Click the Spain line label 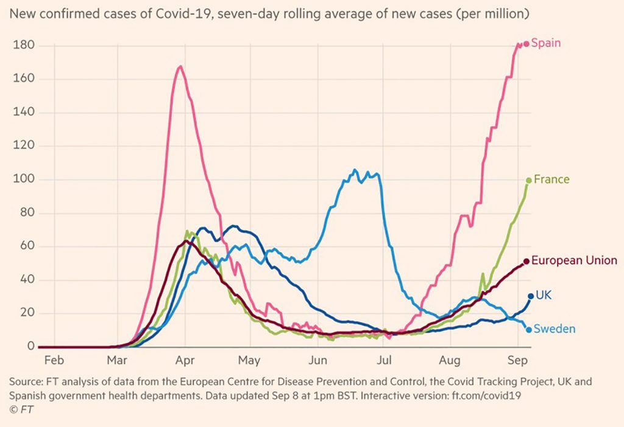coord(546,43)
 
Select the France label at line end coord(551,179)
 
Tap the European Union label coord(574,261)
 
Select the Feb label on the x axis coord(55,359)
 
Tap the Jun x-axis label coord(317,359)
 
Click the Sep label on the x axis coord(517,359)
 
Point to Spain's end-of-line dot coord(526,44)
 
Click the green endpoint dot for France coord(528,180)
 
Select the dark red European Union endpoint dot coord(526,262)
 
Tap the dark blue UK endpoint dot coord(530,296)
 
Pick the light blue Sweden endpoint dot coord(528,330)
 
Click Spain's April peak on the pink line coord(180,66)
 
